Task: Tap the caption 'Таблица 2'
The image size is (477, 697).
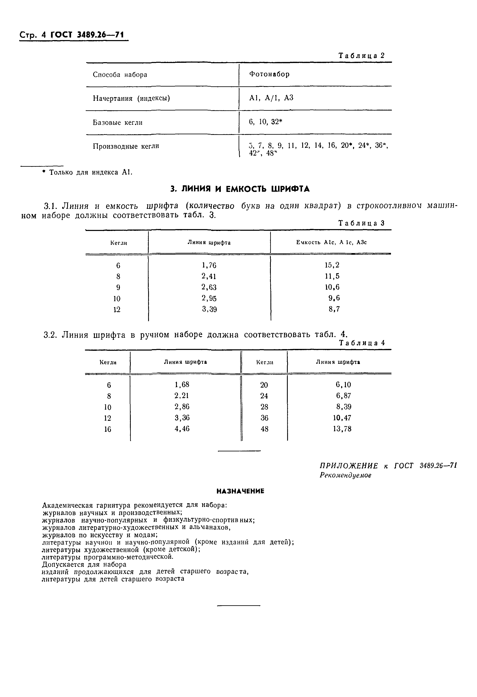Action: (362, 56)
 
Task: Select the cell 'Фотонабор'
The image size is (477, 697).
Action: (269, 74)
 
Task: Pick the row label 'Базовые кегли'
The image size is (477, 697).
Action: (118, 122)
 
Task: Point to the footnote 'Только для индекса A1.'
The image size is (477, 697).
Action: (90, 172)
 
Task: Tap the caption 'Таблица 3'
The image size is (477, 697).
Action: (362, 223)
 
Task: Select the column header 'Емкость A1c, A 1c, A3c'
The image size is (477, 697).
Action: (331, 242)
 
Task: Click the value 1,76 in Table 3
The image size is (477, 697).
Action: (209, 265)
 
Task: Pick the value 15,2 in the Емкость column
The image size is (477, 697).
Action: (332, 265)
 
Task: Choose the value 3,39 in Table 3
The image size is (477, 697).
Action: (209, 309)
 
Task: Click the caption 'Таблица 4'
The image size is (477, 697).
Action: (362, 343)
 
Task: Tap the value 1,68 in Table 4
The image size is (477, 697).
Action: (182, 384)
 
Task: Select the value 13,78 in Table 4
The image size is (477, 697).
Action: (342, 429)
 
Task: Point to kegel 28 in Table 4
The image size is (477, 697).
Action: (264, 407)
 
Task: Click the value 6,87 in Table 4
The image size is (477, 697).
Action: (343, 396)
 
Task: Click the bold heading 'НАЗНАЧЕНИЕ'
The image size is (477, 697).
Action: (240, 491)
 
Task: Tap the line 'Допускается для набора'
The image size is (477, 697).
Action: (84, 564)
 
